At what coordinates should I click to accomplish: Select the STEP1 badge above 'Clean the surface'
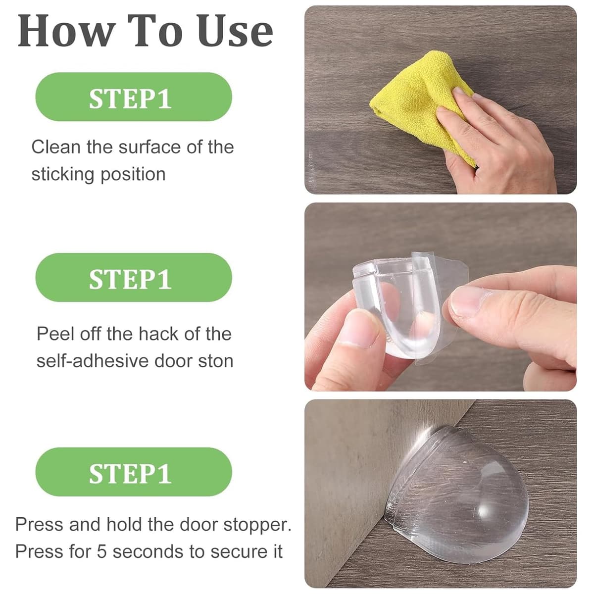point(134,97)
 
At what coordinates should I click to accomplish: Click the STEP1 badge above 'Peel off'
point(134,277)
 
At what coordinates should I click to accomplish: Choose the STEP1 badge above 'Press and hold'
point(134,472)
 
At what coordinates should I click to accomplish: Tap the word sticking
point(63,175)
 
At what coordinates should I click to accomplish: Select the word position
point(133,175)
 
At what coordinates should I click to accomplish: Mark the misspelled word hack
point(158,334)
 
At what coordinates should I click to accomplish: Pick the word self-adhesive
point(92,361)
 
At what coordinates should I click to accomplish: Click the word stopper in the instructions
point(257,525)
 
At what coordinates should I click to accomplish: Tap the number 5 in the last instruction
point(102,552)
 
